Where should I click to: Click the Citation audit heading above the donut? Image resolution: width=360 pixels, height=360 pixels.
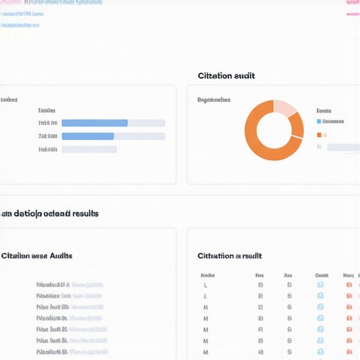click(x=226, y=76)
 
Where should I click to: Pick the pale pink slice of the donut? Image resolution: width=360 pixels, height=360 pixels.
click(x=285, y=108)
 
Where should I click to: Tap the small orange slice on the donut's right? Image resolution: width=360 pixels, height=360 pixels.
click(x=298, y=125)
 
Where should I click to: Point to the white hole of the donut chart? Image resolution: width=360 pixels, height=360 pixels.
click(x=274, y=131)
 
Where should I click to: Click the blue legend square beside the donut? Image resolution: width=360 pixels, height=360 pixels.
click(x=319, y=121)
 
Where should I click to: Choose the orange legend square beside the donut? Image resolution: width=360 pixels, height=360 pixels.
click(x=319, y=134)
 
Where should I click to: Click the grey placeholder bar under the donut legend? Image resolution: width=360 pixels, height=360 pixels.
click(x=343, y=148)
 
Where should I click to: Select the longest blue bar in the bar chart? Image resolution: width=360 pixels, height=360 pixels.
click(x=95, y=123)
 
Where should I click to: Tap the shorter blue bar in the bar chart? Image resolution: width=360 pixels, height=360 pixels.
click(x=88, y=136)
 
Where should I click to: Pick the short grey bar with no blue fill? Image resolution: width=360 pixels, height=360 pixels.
click(x=89, y=149)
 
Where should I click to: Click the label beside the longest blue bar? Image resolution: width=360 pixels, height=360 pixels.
click(x=47, y=123)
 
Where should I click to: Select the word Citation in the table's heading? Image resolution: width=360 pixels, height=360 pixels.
click(x=214, y=256)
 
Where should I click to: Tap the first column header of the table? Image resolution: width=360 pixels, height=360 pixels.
click(x=207, y=276)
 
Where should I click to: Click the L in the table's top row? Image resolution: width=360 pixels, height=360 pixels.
click(x=205, y=285)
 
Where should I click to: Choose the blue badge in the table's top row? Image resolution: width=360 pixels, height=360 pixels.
click(x=320, y=285)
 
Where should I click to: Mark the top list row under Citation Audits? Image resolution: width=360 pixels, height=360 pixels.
click(x=70, y=285)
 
